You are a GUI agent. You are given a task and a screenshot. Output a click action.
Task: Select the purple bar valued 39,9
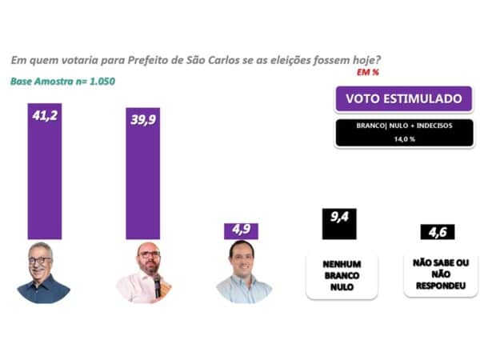point(143,176)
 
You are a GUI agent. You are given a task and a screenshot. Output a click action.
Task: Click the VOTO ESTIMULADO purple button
point(403,99)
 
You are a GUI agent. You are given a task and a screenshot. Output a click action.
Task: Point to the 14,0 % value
point(403,138)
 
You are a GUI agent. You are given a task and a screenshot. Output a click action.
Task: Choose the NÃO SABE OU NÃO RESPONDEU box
point(440,271)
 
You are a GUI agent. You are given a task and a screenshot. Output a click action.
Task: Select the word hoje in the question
point(362,60)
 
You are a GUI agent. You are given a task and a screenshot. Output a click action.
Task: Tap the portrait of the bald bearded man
point(143,273)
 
